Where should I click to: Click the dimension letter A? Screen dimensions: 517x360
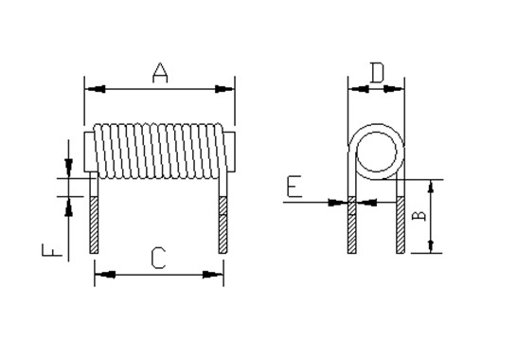(x=160, y=73)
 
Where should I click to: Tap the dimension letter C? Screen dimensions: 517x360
(x=158, y=258)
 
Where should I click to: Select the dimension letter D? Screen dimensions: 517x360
(x=377, y=73)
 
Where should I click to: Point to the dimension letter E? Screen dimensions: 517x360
(x=294, y=187)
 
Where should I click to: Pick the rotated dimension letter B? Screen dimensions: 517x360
(x=419, y=216)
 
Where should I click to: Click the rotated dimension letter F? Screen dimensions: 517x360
(x=52, y=250)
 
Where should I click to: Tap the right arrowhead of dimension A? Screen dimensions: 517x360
(x=224, y=89)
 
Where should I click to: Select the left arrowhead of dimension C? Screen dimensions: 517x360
(x=105, y=275)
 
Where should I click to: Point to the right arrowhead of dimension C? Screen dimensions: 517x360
(x=213, y=275)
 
